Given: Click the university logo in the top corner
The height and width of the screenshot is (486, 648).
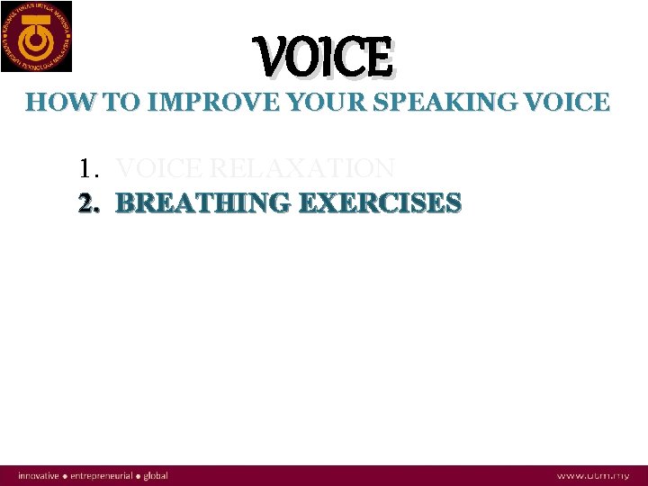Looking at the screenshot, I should pos(37,36).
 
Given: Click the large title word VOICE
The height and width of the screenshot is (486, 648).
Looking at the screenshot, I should pos(325,57).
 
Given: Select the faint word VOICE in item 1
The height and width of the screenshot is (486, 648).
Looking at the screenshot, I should pos(159,168).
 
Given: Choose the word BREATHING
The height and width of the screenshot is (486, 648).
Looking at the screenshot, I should pos(202,203).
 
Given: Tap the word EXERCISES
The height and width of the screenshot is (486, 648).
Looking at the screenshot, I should pos(379,203).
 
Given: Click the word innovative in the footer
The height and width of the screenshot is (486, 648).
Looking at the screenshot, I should pos(38,475).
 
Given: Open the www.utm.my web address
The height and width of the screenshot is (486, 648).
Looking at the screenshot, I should pos(593,475).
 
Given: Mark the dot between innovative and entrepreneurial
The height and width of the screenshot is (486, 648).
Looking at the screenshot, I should pos(65,475).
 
